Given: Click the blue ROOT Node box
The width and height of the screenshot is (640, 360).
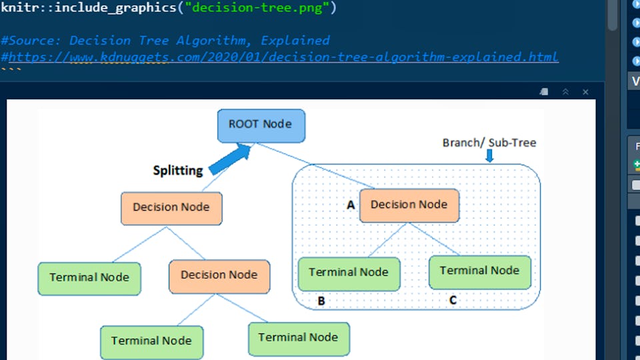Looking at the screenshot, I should coord(261,125).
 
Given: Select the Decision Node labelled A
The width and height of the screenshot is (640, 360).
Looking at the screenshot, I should coord(409,205).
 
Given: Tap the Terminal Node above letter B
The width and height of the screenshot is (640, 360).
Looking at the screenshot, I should coord(349,273).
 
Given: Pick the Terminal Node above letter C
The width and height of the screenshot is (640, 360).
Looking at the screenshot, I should coord(479,271).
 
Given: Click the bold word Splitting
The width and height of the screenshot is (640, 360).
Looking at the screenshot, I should coord(178,171).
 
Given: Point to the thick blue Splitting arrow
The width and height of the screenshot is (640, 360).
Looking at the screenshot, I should coord(229,161).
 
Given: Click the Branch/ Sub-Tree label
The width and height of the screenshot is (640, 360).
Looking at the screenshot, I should coord(489,143).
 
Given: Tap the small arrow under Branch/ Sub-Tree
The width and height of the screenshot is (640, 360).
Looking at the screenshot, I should coord(490,156).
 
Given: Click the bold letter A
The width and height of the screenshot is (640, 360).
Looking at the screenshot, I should coord(351,205).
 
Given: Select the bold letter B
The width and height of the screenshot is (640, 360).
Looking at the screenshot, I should coord(321,301).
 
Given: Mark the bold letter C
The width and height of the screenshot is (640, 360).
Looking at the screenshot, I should coord(453,300).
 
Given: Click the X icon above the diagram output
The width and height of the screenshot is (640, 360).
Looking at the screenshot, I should coord(585,92).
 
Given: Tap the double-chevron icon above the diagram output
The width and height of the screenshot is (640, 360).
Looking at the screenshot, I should coord(565,92).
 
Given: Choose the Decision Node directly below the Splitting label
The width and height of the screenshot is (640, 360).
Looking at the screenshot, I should coord(171,208).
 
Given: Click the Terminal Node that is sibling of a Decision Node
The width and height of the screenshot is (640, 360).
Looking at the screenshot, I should coord(89,278).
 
